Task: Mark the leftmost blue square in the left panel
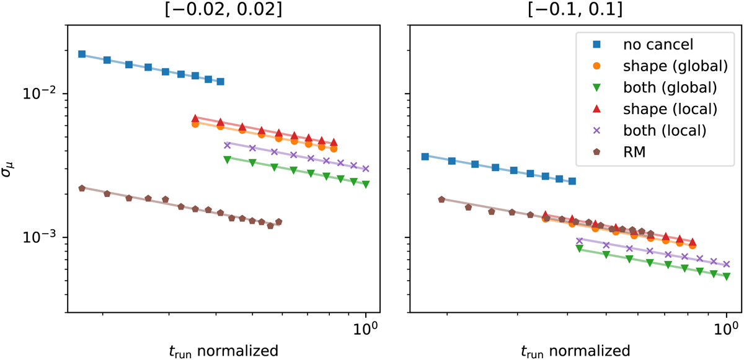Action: tap(82, 54)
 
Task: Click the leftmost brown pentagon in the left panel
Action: tap(82, 188)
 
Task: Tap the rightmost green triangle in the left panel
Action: tap(366, 184)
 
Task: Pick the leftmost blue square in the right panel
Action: tap(425, 156)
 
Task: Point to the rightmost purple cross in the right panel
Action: tap(727, 263)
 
